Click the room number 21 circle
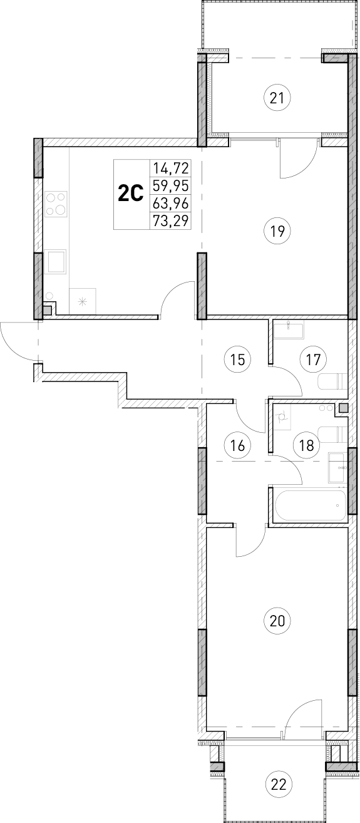pyautogui.click(x=278, y=98)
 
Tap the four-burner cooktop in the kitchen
pyautogui.click(x=56, y=204)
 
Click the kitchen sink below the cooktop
pyautogui.click(x=58, y=261)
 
